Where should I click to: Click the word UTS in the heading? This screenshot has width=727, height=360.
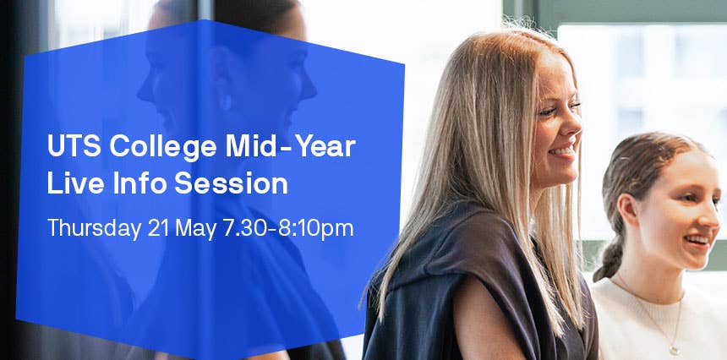pos(69,146)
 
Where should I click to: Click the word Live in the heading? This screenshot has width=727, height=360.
pos(69,183)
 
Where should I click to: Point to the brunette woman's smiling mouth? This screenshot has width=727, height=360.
pos(697,242)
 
